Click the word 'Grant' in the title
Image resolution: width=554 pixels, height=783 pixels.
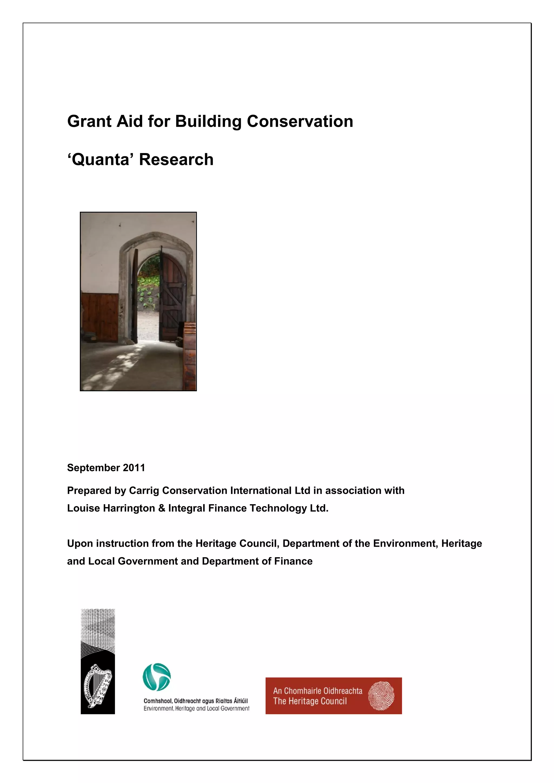point(89,121)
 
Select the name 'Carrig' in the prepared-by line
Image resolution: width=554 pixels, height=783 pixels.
point(144,490)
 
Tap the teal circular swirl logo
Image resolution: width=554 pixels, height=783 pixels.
point(157,677)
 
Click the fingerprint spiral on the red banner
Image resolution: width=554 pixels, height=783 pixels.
point(381,696)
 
